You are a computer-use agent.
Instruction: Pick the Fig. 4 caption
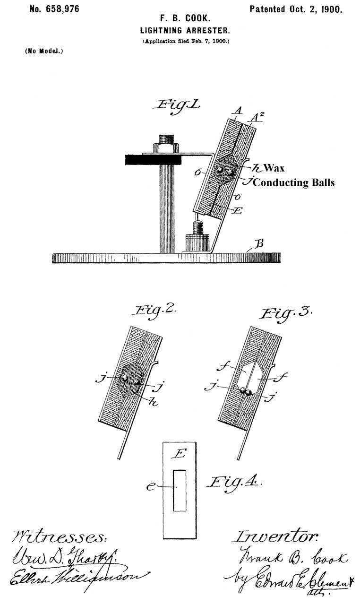click(234, 482)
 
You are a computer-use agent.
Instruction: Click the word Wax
click(274, 168)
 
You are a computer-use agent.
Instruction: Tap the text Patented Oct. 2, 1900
click(296, 9)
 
